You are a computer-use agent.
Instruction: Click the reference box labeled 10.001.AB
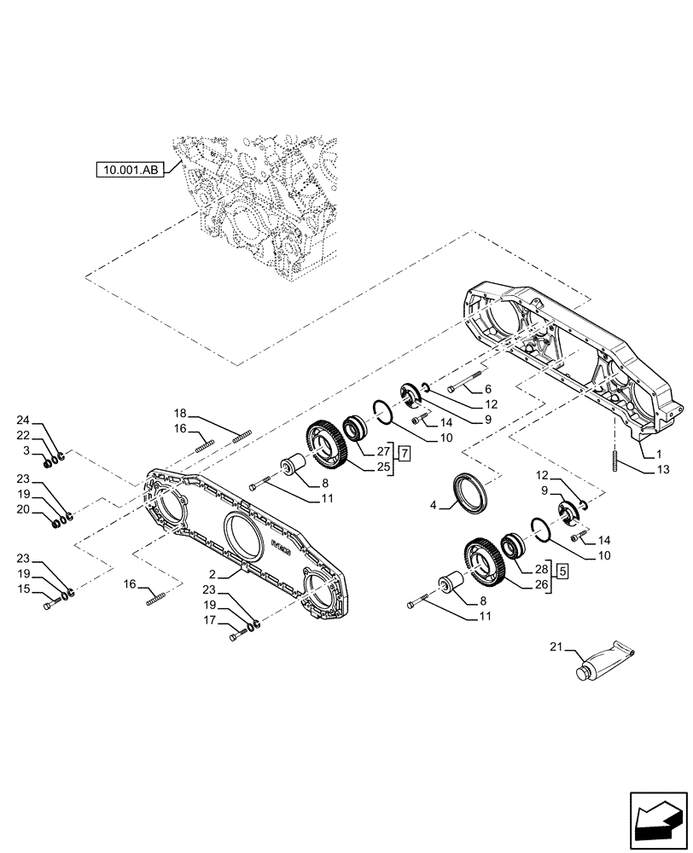pos(131,171)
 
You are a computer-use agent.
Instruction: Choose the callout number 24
pos(24,420)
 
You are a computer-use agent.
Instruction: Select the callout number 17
pos(210,621)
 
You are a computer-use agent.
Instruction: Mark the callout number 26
pos(541,584)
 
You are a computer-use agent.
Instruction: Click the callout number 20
pos(24,510)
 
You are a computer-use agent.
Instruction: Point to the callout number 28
pos(541,568)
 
